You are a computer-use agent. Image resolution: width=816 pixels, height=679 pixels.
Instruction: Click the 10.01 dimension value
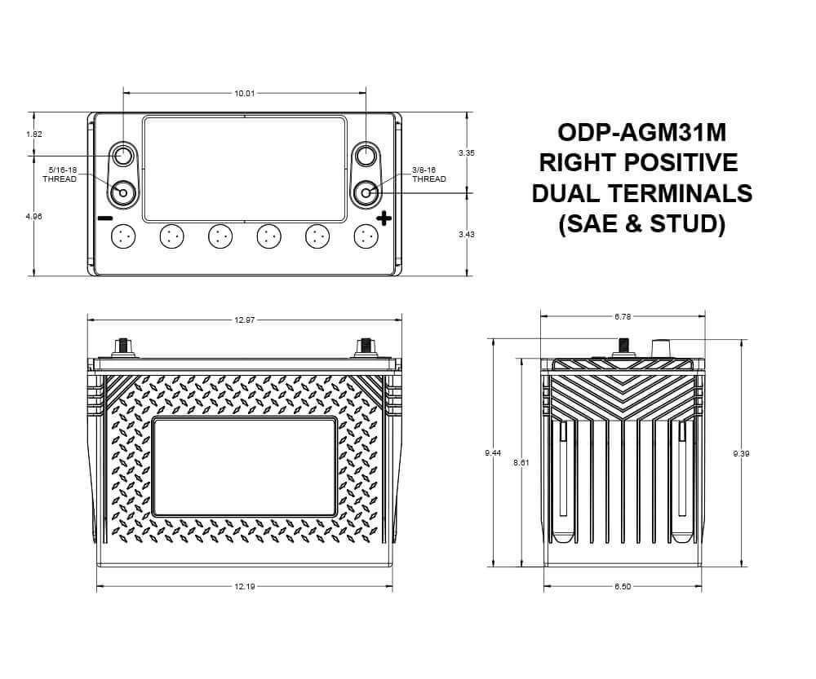click(245, 94)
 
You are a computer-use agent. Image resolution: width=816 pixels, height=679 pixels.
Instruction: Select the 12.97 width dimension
click(245, 320)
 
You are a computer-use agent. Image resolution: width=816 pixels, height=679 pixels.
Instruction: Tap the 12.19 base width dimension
click(245, 586)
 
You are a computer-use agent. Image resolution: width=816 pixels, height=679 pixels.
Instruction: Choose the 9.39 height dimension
click(741, 453)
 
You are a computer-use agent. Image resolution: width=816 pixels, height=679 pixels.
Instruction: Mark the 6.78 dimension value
click(622, 317)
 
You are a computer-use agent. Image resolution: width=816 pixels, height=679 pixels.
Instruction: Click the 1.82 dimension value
click(33, 134)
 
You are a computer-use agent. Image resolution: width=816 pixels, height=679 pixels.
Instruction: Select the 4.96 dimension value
click(33, 217)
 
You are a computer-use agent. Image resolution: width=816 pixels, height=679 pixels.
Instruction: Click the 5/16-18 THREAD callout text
click(60, 174)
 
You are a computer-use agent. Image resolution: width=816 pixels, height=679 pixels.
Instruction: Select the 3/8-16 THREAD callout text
click(429, 174)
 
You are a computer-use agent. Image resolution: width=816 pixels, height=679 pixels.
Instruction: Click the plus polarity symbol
click(384, 218)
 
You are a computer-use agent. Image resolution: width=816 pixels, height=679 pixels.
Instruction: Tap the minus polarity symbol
click(104, 218)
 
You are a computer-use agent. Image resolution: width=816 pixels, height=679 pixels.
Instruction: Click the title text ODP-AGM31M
click(641, 132)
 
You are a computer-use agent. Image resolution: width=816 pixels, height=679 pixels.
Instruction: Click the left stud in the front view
click(123, 346)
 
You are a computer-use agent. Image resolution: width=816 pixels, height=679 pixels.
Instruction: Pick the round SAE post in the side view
click(660, 349)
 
